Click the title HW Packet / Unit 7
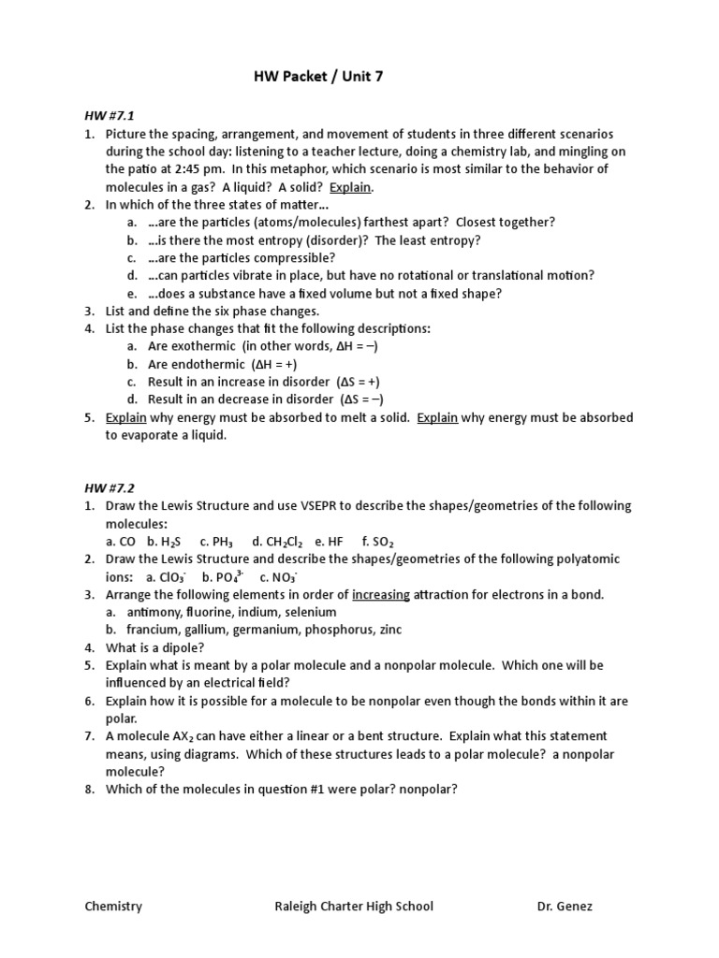(318, 78)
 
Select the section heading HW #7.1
(106, 116)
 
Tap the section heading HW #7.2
(106, 487)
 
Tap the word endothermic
(204, 364)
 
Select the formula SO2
(384, 542)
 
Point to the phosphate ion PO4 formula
(230, 577)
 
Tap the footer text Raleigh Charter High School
(353, 907)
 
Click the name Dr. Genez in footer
(565, 907)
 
